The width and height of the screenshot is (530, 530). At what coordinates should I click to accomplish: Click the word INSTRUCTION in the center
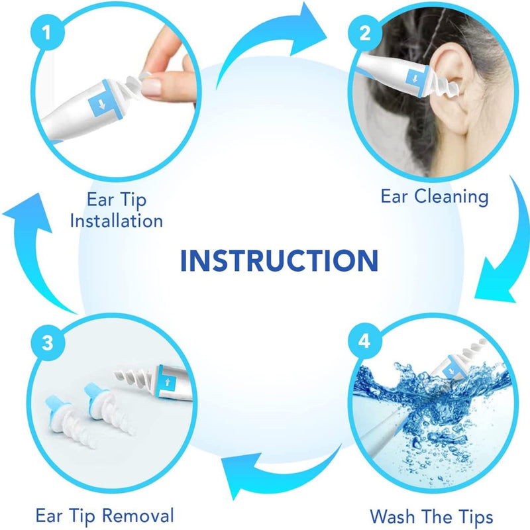[x=279, y=260]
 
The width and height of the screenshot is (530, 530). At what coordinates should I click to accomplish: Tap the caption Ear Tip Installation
[x=116, y=209]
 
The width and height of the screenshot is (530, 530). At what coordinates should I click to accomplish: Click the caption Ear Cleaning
[x=434, y=196]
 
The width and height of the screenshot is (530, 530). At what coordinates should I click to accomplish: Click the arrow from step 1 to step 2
[x=278, y=46]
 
